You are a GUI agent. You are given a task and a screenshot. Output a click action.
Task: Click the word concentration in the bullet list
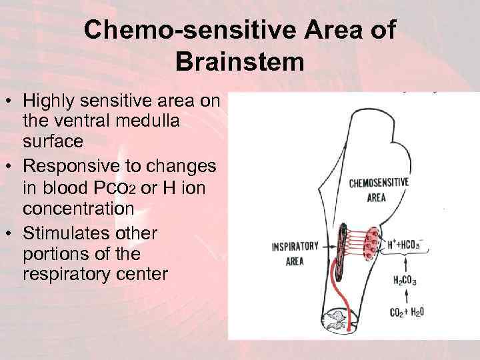point(79,209)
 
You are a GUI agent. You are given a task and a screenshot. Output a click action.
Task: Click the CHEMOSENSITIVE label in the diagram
point(379,183)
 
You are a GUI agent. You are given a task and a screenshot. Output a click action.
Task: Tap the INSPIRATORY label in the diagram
point(295,246)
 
